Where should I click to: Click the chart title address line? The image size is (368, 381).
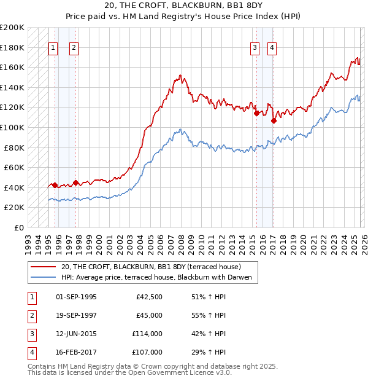click(x=183, y=6)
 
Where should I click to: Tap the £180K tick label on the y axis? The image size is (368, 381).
click(x=12, y=47)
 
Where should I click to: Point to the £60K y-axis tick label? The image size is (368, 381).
click(x=14, y=167)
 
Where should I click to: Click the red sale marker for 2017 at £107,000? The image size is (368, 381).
click(x=274, y=120)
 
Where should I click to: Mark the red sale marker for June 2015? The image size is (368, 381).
click(x=256, y=113)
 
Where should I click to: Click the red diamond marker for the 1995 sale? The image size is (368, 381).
click(x=55, y=185)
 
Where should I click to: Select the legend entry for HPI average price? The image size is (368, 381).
click(x=157, y=278)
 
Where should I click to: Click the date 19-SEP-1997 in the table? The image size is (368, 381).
click(x=76, y=315)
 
